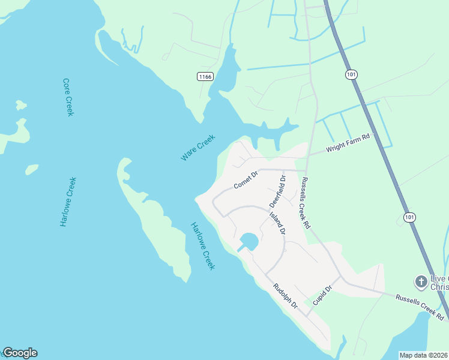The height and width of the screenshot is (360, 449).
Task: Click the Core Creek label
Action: click(x=68, y=97)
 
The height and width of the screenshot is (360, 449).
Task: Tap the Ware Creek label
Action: click(x=197, y=148)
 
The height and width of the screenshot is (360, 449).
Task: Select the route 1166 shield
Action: click(x=205, y=76)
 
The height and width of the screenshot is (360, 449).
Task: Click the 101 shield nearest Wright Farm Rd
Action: click(x=351, y=74)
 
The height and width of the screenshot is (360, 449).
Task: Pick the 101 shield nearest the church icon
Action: click(x=409, y=217)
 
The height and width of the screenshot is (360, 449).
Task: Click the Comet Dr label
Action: click(x=246, y=179)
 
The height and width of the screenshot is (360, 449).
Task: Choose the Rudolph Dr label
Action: click(x=286, y=296)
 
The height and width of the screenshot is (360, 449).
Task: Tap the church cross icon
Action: click(x=421, y=281)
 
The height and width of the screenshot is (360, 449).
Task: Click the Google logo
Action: click(x=20, y=353)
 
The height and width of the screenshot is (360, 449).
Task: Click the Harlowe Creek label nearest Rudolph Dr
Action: click(x=203, y=246)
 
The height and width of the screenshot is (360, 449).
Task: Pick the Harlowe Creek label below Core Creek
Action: click(x=68, y=202)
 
